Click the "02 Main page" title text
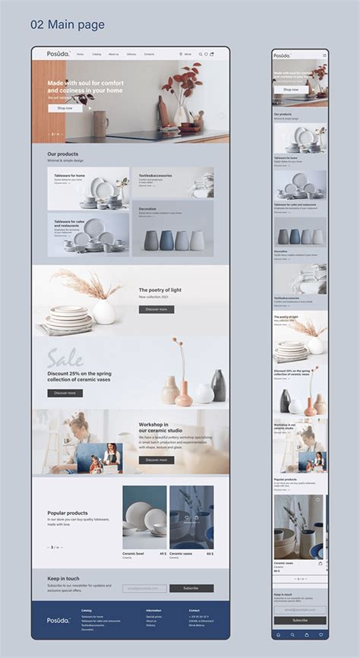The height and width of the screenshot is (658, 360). pyautogui.click(x=68, y=25)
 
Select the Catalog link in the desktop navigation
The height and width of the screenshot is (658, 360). pyautogui.click(x=96, y=54)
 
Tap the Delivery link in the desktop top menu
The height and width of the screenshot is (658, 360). pyautogui.click(x=131, y=54)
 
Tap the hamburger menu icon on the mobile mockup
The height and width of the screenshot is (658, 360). pyautogui.click(x=324, y=55)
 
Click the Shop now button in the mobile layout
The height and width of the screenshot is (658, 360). pyautogui.click(x=291, y=90)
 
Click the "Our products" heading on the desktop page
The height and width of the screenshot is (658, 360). pyautogui.click(x=63, y=154)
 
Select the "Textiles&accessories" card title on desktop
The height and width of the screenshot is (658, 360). pyautogui.click(x=155, y=175)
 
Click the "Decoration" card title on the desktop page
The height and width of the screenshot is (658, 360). pyautogui.click(x=147, y=208)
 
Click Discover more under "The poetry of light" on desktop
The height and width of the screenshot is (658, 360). pyautogui.click(x=156, y=309)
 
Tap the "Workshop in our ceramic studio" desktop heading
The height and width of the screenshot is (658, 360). pyautogui.click(x=154, y=428)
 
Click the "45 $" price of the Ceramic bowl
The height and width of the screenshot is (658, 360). pyautogui.click(x=163, y=554)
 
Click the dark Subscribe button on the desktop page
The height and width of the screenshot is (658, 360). pyautogui.click(x=191, y=588)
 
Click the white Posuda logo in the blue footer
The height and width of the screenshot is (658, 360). pyautogui.click(x=58, y=620)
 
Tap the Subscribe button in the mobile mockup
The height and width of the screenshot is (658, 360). pyautogui.click(x=300, y=620)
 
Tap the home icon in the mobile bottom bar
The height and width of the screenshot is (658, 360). pyautogui.click(x=279, y=634)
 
